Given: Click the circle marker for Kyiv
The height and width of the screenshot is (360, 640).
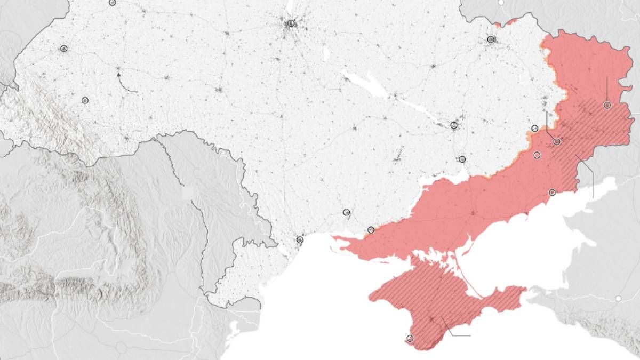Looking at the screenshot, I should click(291, 23).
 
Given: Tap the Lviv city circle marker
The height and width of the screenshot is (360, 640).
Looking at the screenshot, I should click(64, 49).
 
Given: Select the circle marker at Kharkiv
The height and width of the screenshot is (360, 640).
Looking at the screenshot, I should click(491, 39).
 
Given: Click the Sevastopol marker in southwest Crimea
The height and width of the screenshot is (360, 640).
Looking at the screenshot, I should click(410, 338).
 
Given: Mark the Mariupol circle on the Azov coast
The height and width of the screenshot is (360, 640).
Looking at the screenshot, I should click(552, 193).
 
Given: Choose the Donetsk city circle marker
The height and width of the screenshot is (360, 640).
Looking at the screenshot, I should click(557, 142).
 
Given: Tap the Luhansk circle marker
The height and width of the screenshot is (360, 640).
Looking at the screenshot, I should click(607, 105).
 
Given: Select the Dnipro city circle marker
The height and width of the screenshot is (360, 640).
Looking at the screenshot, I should click(454, 125).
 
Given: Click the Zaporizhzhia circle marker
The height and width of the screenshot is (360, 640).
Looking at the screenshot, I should click(462, 159).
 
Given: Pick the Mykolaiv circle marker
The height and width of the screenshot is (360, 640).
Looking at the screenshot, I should click(347, 212).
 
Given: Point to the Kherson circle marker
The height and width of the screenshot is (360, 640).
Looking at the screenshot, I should click(371, 230).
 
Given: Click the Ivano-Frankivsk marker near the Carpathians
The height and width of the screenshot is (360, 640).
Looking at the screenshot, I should click(85, 100).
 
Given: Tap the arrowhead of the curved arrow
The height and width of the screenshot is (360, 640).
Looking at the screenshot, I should click(118, 76).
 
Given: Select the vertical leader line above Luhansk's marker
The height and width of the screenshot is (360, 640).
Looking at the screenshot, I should click(607, 88).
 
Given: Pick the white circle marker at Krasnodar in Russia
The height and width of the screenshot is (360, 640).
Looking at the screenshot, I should click(619, 299).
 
